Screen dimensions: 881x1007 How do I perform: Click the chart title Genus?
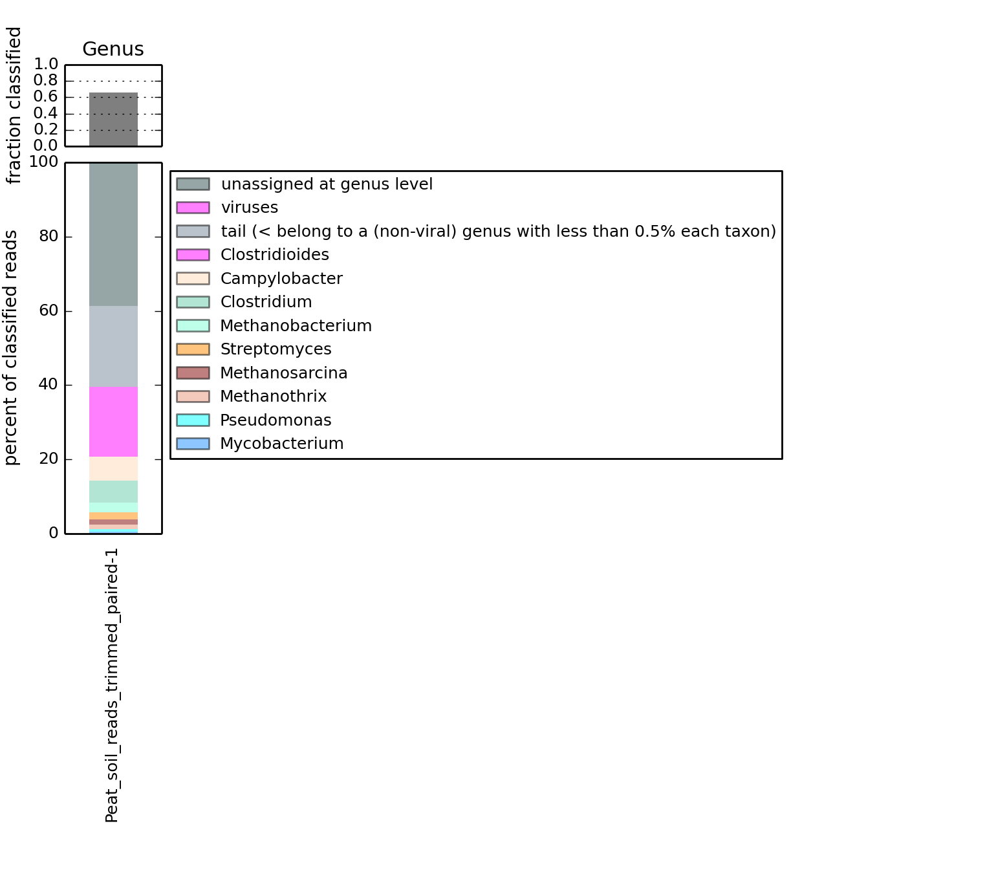(113, 49)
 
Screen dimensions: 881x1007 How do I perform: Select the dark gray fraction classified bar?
(113, 120)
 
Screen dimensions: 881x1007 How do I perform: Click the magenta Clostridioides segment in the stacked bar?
(113, 422)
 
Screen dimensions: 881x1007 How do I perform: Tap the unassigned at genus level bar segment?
(113, 234)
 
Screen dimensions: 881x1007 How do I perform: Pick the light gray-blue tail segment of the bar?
(113, 346)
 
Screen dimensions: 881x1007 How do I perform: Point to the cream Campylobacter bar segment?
(113, 469)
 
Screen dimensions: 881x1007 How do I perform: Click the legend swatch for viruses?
(193, 208)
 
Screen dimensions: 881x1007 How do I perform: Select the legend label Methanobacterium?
(296, 326)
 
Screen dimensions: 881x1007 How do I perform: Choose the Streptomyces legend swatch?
(193, 349)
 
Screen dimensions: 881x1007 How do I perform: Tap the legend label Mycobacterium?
(281, 444)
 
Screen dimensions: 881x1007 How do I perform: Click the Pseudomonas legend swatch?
(193, 420)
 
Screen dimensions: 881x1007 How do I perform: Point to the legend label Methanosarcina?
(283, 373)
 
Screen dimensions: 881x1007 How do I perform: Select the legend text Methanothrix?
(273, 397)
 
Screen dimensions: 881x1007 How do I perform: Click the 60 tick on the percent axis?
(49, 310)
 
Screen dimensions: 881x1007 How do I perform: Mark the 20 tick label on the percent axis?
(49, 459)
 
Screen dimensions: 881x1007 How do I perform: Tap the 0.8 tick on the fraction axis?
(46, 80)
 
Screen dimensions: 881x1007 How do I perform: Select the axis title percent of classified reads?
(12, 348)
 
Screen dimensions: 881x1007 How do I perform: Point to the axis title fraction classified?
(14, 105)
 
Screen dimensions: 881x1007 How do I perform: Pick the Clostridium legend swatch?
(193, 302)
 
